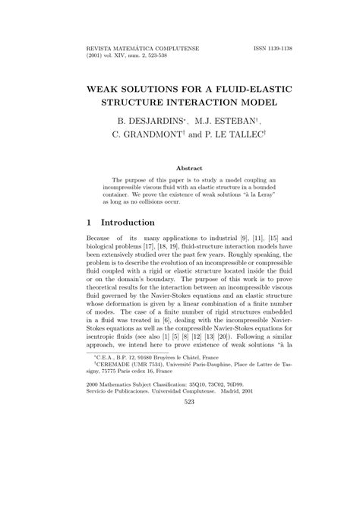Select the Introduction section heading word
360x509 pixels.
pos(125,223)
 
